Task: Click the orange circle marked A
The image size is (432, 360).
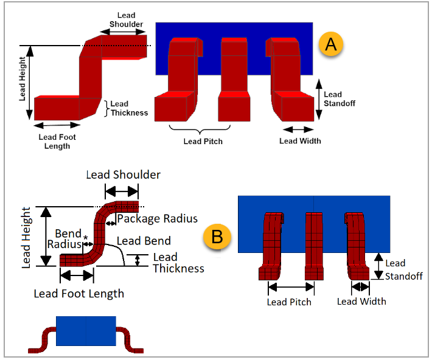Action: pos(331,45)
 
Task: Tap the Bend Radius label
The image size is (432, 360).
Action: pos(68,239)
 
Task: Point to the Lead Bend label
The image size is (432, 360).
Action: pos(144,241)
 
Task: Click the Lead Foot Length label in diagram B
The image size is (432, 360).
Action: pos(79,294)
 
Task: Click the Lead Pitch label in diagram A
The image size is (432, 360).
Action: pos(203,141)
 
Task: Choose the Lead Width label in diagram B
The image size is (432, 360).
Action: pos(361,301)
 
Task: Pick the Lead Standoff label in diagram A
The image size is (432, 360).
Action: pos(339,99)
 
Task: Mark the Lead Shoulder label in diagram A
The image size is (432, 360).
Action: pos(127,20)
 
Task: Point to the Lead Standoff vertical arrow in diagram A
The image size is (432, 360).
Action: pos(318,99)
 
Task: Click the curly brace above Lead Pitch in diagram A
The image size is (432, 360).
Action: pos(200,129)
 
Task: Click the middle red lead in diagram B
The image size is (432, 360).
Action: pos(313,246)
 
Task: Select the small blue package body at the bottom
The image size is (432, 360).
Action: pos(85,331)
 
